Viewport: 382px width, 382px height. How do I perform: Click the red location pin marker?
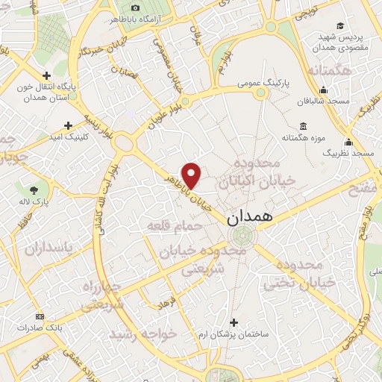[x=192, y=175]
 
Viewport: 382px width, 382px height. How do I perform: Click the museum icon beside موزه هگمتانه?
[x=302, y=126]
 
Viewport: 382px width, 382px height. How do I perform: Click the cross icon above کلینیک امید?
[x=68, y=125]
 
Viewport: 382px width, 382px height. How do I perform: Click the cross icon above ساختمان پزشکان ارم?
[x=234, y=322]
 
